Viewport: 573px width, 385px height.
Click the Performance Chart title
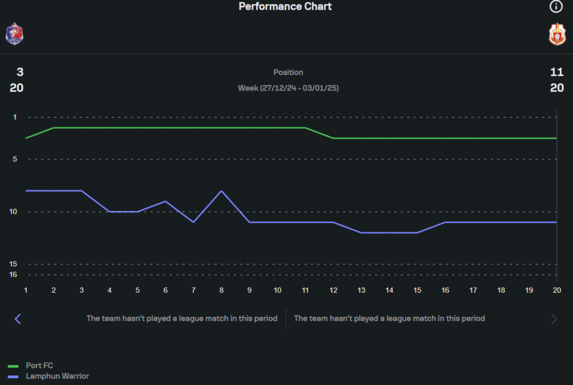285,7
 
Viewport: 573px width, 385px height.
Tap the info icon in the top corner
556,7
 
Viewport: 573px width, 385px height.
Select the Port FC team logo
14,34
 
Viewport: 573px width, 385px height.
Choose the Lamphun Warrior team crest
557,34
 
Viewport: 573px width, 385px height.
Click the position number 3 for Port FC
20,72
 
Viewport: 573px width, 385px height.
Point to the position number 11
557,72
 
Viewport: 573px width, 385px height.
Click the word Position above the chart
288,72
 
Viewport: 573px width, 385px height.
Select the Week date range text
288,88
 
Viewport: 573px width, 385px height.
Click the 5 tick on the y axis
15,159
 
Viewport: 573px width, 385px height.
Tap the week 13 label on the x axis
362,290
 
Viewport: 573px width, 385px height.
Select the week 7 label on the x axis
194,290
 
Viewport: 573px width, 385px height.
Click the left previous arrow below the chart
18,319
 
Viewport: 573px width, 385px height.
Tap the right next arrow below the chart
554,319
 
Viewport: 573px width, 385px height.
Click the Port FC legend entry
40,366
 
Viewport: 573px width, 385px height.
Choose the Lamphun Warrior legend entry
57,376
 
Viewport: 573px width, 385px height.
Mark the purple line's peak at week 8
221,191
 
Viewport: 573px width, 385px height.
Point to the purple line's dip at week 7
194,222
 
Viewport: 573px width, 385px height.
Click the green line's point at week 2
54,128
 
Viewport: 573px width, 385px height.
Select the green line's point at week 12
333,138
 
